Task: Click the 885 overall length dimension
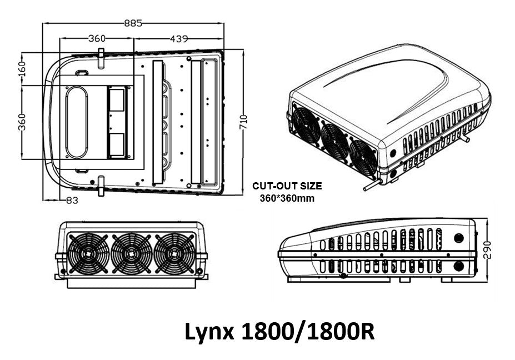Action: point(133,23)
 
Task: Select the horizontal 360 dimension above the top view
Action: point(97,38)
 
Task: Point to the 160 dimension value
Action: point(22,69)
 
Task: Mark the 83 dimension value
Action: point(72,201)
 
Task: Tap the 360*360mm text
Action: point(287,198)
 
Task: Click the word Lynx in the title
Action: point(211,332)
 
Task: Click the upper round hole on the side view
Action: point(459,238)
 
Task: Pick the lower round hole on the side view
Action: point(459,266)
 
